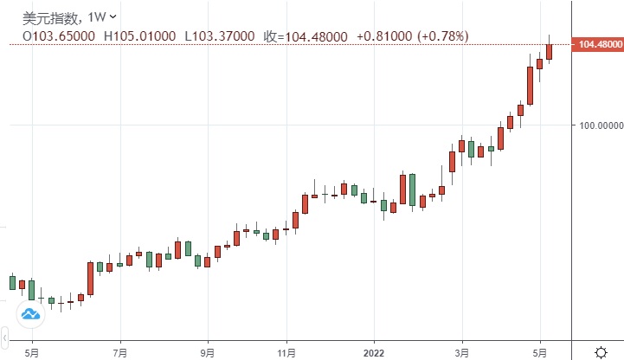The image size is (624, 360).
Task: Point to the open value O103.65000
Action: point(60,35)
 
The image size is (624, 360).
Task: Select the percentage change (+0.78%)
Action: point(442,35)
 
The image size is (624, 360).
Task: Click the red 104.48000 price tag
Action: point(598,43)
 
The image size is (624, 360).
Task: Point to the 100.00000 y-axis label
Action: point(601,125)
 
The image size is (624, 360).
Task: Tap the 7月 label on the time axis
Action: point(120,352)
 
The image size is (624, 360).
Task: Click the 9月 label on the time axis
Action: point(208,352)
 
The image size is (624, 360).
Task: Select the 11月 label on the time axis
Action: point(288,352)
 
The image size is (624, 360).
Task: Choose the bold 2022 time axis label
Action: point(374,352)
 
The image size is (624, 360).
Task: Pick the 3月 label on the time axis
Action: point(462,352)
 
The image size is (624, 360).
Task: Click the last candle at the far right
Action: point(549,51)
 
